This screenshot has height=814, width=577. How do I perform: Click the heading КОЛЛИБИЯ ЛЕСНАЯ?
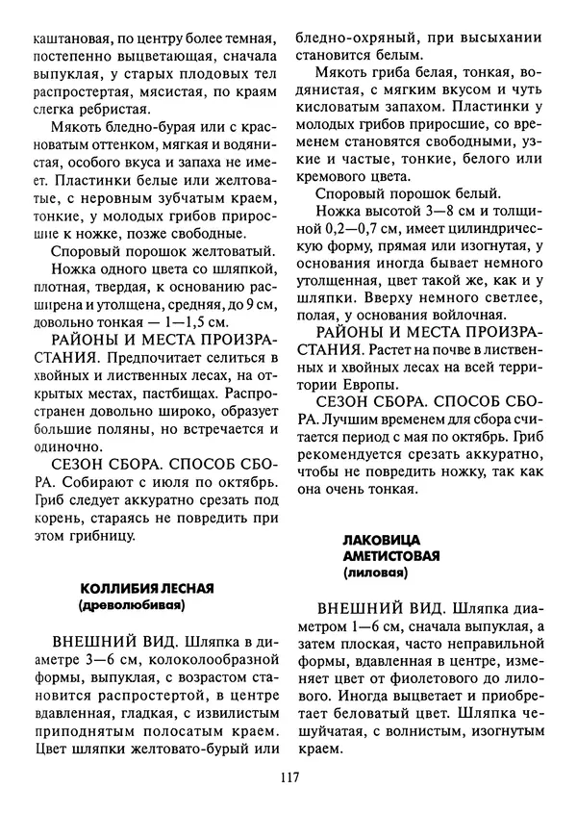click(146, 588)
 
